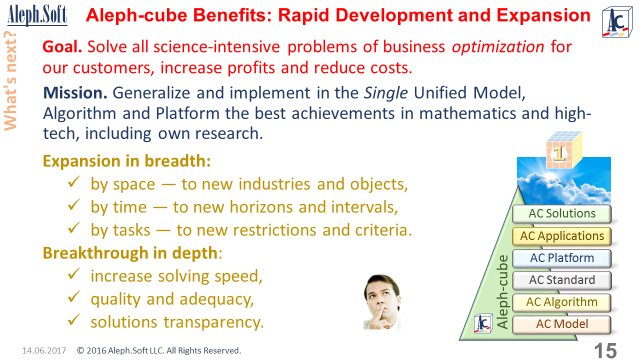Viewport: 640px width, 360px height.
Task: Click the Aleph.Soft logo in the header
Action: [x=37, y=15]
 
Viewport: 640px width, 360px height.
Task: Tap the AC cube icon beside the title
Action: [x=617, y=22]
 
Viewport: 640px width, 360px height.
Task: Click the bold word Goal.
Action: [x=62, y=47]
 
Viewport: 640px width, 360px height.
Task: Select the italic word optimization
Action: [x=498, y=47]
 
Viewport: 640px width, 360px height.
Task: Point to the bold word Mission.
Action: [x=75, y=93]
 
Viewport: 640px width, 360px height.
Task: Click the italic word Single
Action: [x=385, y=93]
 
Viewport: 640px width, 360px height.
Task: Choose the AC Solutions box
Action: [x=561, y=213]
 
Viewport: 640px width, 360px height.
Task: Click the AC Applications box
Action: [x=561, y=236]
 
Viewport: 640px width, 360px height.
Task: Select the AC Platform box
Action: [x=561, y=258]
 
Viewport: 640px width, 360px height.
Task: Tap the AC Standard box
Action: [x=561, y=280]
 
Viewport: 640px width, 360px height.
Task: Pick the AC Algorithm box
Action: [x=561, y=302]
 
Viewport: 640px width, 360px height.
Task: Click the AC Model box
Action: [x=561, y=324]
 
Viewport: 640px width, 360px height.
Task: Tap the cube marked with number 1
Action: [x=563, y=149]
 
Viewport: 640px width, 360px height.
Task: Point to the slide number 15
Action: [x=605, y=350]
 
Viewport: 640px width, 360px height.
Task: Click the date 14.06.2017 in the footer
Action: [x=44, y=350]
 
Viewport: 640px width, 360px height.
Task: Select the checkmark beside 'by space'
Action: [x=74, y=181]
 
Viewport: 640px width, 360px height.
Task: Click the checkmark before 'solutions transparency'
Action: [x=74, y=319]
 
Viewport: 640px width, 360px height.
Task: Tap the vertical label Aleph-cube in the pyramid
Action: [x=502, y=291]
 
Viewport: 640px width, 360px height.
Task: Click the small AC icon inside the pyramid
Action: [x=483, y=323]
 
